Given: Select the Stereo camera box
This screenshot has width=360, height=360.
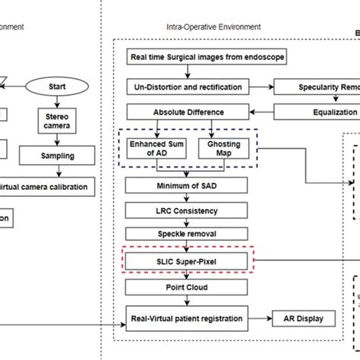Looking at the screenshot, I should [x=57, y=121].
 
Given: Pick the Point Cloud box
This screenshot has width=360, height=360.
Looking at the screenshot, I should [x=185, y=289].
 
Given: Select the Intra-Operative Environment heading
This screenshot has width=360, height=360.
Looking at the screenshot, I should [x=213, y=27].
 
